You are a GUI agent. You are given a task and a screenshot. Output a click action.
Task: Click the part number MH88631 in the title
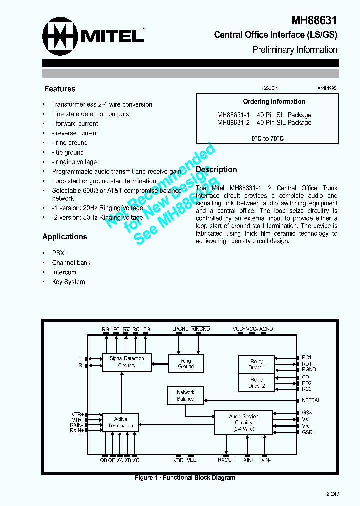(314, 20)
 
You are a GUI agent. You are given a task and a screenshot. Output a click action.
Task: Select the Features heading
(60, 89)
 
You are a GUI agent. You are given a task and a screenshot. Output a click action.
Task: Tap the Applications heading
(64, 237)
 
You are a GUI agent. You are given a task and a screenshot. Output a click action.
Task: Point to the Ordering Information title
(274, 102)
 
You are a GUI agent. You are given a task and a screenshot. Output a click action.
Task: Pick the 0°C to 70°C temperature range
(267, 139)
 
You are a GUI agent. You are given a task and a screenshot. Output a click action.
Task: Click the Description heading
(216, 170)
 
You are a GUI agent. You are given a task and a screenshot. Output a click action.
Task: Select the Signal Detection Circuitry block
(127, 362)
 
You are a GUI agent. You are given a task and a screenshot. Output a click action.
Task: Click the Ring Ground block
(186, 363)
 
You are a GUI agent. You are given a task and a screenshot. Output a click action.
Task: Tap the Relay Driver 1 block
(257, 364)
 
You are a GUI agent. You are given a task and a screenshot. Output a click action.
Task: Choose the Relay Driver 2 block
(257, 383)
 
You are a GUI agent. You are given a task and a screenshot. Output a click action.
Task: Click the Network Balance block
(185, 396)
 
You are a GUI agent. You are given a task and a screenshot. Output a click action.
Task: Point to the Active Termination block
(120, 422)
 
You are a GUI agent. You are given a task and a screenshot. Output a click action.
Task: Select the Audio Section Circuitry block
(244, 422)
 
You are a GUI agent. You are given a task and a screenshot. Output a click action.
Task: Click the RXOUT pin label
(226, 460)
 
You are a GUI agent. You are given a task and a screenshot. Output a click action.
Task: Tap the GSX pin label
(307, 412)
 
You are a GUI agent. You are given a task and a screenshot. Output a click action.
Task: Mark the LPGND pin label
(180, 329)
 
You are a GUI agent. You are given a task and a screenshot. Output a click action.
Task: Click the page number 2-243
(333, 494)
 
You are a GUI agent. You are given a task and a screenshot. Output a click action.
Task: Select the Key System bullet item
(68, 282)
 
